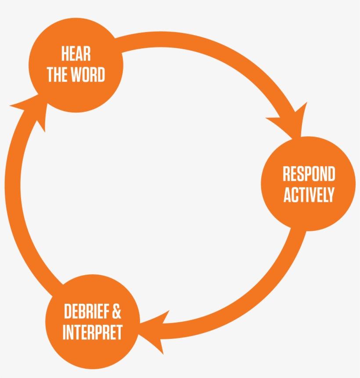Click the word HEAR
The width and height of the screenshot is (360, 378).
pos(76,54)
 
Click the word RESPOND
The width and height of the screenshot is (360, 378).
pos(309,174)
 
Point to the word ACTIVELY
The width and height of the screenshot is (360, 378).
pos(309,195)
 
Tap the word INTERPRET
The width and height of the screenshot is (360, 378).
pos(92,332)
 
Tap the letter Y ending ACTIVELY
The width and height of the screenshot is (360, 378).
pos(331,195)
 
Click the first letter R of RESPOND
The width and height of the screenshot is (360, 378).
pos(286,174)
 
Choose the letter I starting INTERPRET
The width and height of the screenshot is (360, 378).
pos(65,332)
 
